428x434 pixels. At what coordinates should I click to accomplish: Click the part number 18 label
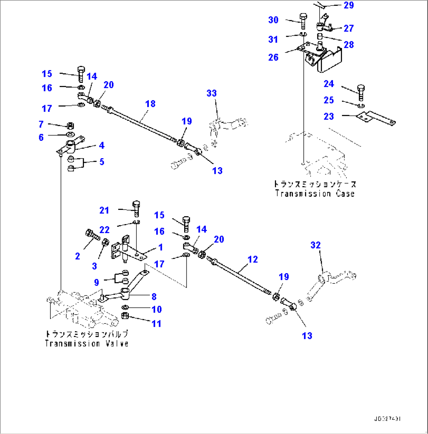[x=150, y=104]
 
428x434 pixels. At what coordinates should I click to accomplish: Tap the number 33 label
[x=212, y=93]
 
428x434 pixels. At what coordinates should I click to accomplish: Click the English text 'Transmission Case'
[x=315, y=193]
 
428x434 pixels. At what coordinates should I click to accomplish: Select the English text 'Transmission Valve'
[x=86, y=343]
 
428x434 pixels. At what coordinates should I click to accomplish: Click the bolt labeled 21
[x=136, y=208]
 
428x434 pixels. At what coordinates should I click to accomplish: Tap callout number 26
[x=273, y=57]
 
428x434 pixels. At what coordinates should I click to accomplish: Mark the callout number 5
[x=101, y=161]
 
